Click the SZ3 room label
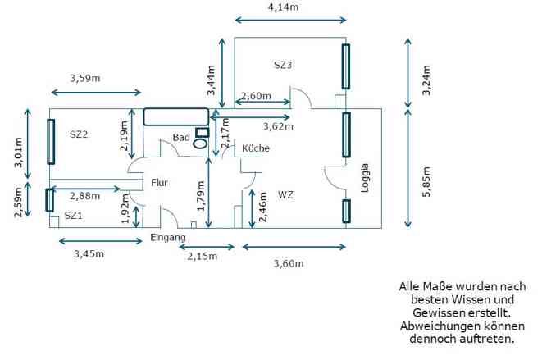point(283,65)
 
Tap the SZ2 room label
point(79,134)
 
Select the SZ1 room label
point(73,216)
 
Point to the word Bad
point(181,137)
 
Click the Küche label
point(256,148)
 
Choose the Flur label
point(159,183)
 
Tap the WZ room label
point(285,195)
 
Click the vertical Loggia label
point(365,178)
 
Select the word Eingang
point(168,238)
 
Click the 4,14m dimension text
point(284,7)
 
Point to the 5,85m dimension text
point(426,182)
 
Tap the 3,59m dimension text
point(85,78)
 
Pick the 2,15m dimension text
point(203,256)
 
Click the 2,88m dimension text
point(85,196)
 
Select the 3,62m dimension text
point(278,126)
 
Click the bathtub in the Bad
point(176,116)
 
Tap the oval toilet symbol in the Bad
point(200,144)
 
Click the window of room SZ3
point(346,66)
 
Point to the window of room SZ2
point(51,141)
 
